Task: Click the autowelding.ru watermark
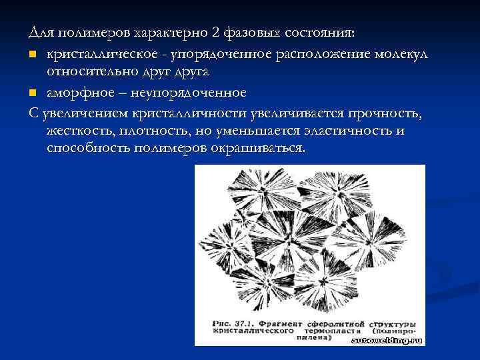(387, 340)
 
